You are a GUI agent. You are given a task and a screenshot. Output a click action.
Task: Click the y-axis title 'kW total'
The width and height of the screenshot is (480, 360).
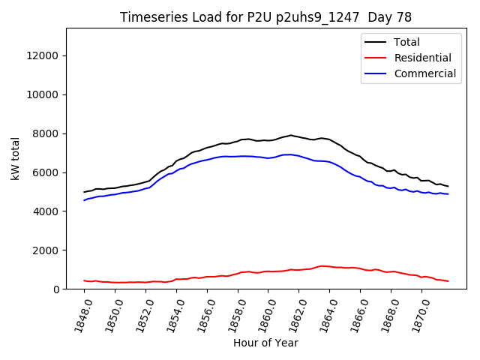[x=16, y=159]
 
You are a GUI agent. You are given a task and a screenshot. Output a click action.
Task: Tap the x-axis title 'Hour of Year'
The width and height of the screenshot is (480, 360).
[x=265, y=343]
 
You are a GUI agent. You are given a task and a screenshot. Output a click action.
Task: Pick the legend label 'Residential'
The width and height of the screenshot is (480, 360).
[x=423, y=58]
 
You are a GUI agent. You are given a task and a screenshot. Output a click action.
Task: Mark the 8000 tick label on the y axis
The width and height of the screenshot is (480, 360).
[x=46, y=133]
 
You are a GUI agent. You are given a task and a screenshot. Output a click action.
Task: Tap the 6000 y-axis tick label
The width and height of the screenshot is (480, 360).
[x=46, y=172]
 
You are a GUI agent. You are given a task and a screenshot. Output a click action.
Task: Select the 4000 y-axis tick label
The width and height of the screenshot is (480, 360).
[x=46, y=211]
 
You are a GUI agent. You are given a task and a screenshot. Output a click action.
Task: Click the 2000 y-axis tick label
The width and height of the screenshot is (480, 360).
[x=46, y=250]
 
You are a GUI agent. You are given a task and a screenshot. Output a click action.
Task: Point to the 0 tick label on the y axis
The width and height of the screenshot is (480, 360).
[x=57, y=289]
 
